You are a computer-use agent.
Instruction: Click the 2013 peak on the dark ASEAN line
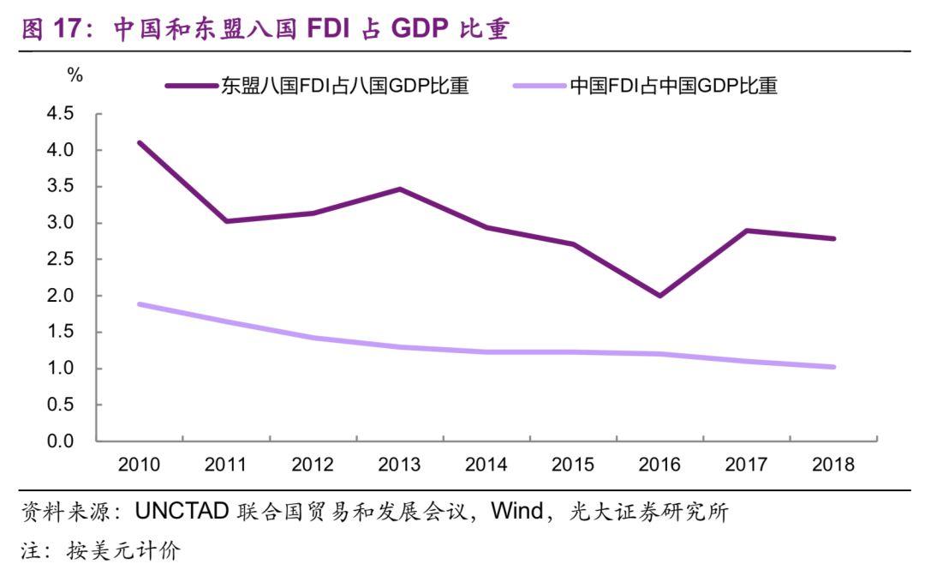pos(400,189)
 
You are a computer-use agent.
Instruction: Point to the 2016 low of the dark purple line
pos(659,296)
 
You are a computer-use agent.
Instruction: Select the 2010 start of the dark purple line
pos(140,142)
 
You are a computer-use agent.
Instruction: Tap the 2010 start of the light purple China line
pos(140,304)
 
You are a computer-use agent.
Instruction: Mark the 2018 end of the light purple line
pos(833,367)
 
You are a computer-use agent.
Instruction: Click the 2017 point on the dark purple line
pos(747,231)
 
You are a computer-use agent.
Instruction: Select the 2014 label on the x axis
pos(486,465)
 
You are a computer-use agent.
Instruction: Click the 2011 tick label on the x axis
pos(226,465)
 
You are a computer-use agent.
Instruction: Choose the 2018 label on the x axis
pos(833,465)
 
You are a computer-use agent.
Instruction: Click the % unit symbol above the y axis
pos(75,75)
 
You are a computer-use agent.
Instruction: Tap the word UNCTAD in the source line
pos(182,513)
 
